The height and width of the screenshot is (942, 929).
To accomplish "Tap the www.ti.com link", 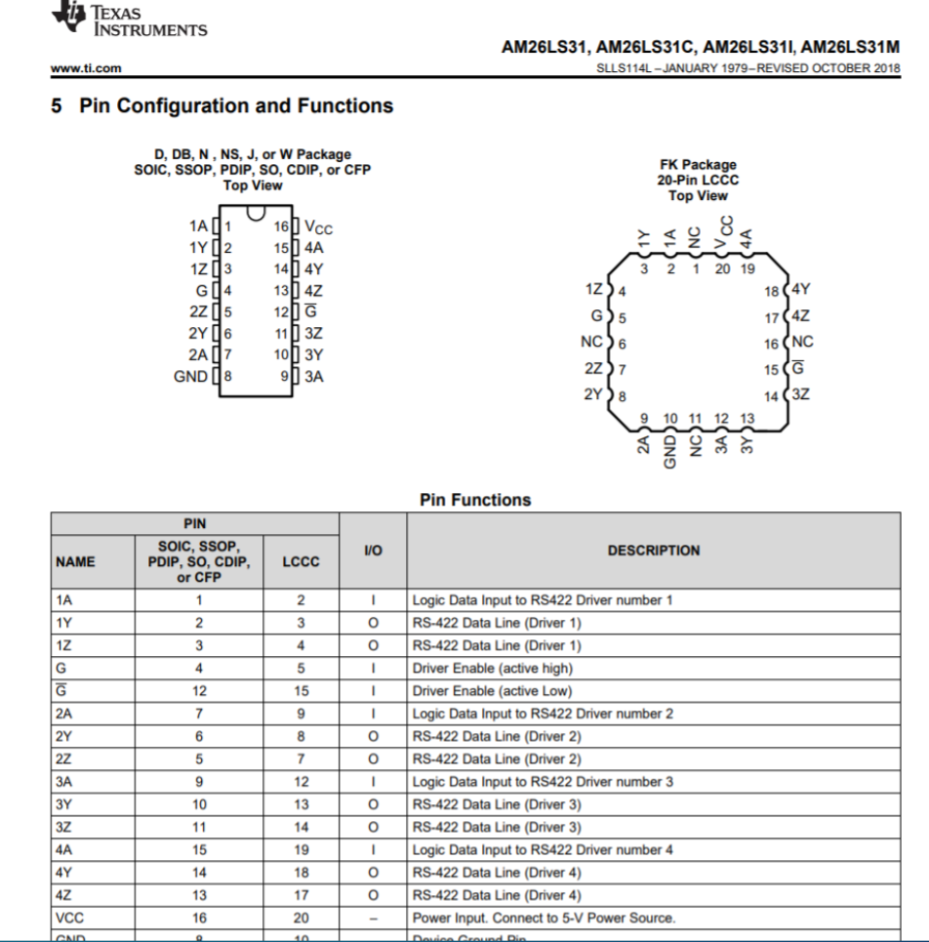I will (86, 67).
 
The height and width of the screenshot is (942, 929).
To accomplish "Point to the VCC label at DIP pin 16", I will (318, 228).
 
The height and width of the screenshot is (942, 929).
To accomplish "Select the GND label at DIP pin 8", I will (189, 376).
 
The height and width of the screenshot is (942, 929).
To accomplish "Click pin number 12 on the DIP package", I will (281, 312).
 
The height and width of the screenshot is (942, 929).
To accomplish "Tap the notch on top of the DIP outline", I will (256, 212).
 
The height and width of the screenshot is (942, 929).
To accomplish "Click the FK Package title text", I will (697, 165).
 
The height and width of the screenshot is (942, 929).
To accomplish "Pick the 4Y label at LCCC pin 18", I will (801, 290).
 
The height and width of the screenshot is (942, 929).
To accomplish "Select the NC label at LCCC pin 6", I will (591, 343).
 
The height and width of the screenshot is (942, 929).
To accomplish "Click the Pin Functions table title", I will (475, 500).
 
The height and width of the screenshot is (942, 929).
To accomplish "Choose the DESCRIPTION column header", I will (653, 551).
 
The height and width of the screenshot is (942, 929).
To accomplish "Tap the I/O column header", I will (373, 551).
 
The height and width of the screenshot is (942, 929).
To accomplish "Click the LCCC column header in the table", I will (301, 561).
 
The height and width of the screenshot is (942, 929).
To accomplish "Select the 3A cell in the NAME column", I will (65, 782).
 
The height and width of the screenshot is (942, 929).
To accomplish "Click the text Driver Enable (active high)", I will (492, 669).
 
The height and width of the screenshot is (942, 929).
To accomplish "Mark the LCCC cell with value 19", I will (301, 849).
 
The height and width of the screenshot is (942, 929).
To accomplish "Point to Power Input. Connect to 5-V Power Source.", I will (544, 918).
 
